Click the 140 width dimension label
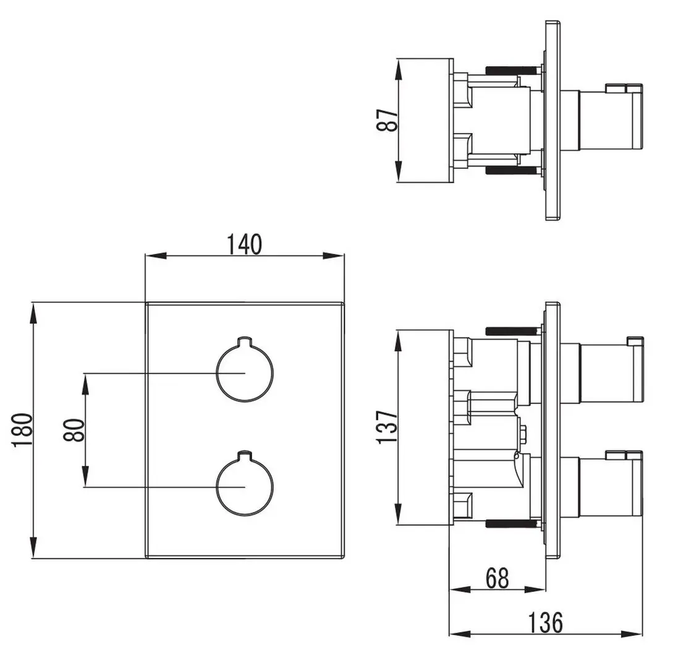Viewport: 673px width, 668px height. coord(244,244)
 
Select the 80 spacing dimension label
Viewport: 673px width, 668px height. coord(74,429)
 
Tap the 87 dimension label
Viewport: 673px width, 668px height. coord(387,120)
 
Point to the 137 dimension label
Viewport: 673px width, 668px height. coord(387,427)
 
